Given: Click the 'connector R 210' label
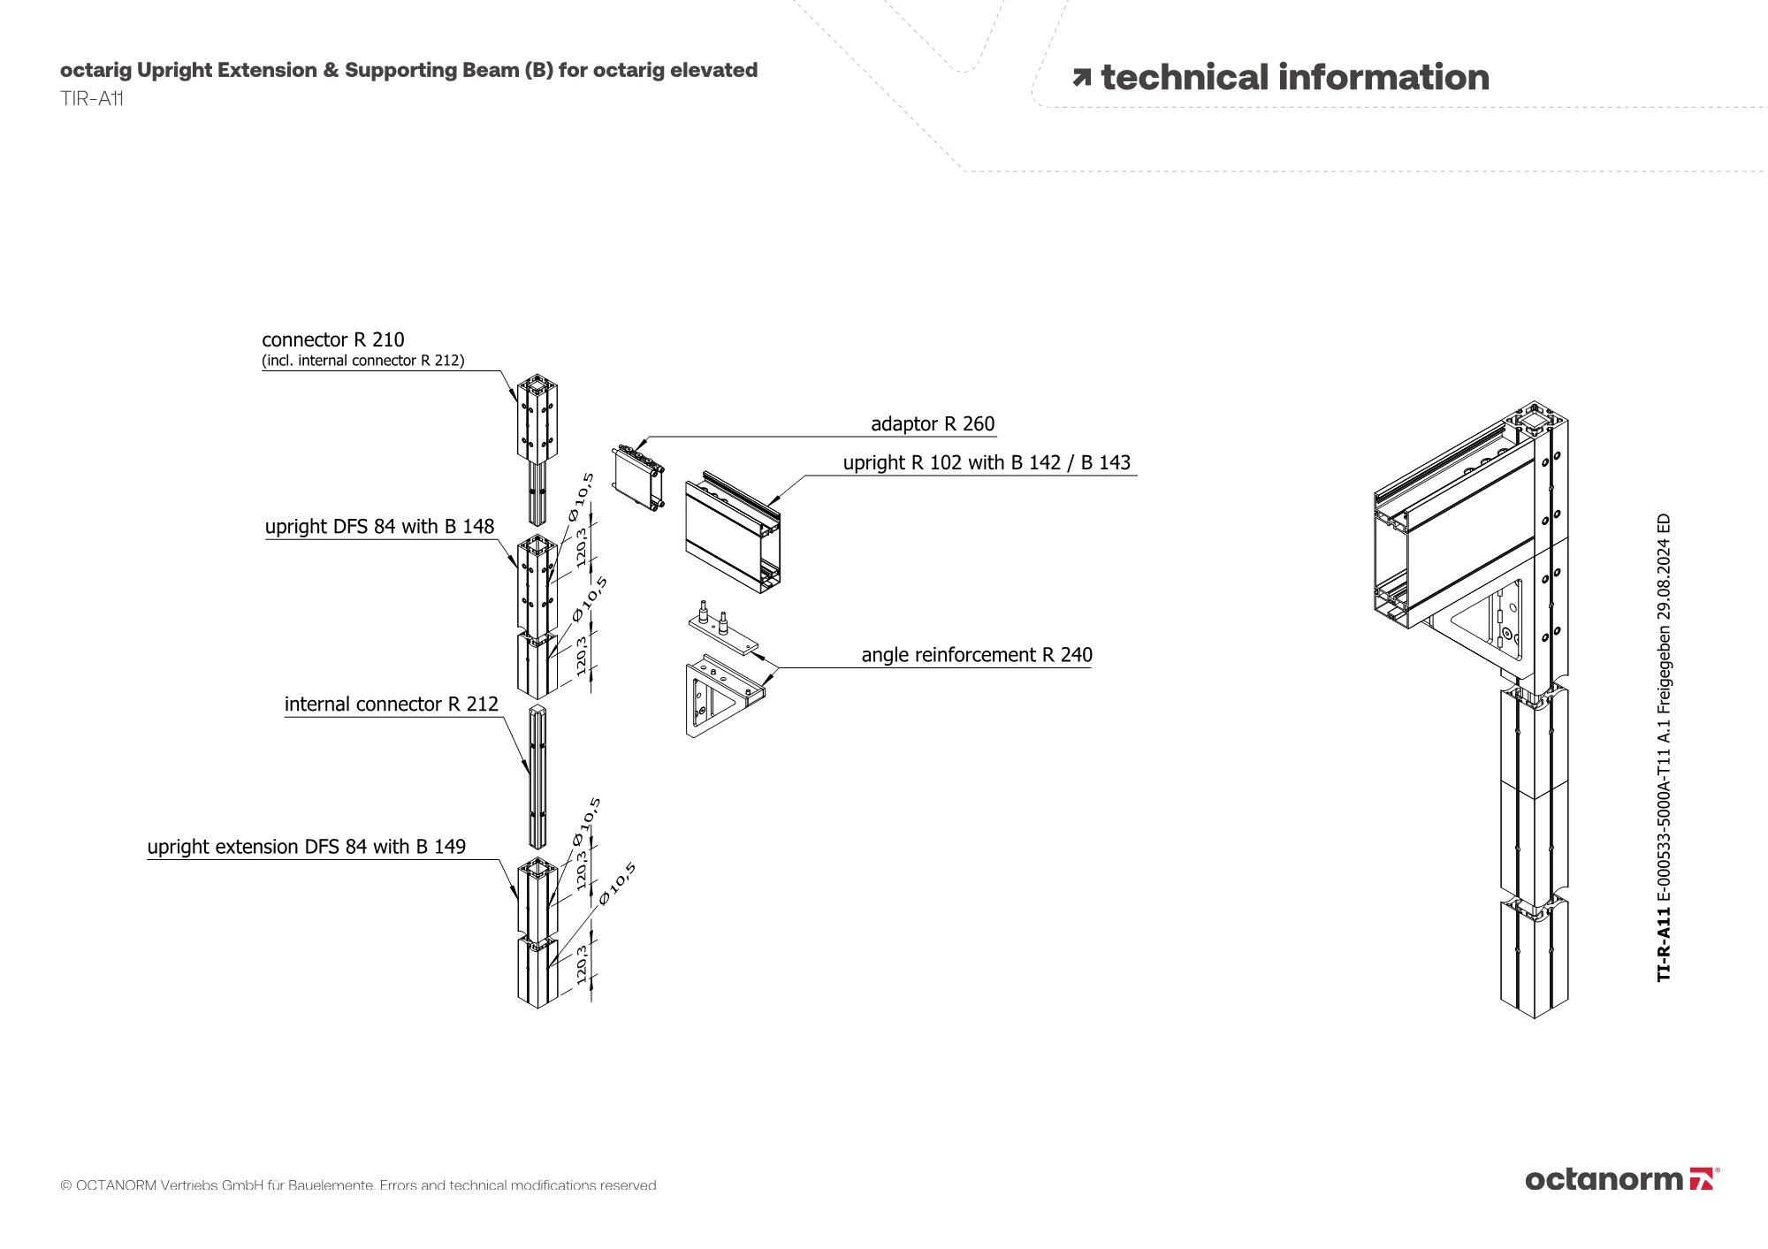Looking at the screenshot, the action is (333, 340).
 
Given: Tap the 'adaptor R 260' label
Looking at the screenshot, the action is (933, 424).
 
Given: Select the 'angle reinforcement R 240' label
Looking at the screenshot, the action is (977, 655).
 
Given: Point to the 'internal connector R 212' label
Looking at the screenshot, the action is (392, 704).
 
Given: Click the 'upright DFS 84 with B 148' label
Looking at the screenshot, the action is (380, 527).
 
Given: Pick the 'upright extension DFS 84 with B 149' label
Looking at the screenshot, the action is (307, 847).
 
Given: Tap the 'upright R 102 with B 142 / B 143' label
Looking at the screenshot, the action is (987, 463).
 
